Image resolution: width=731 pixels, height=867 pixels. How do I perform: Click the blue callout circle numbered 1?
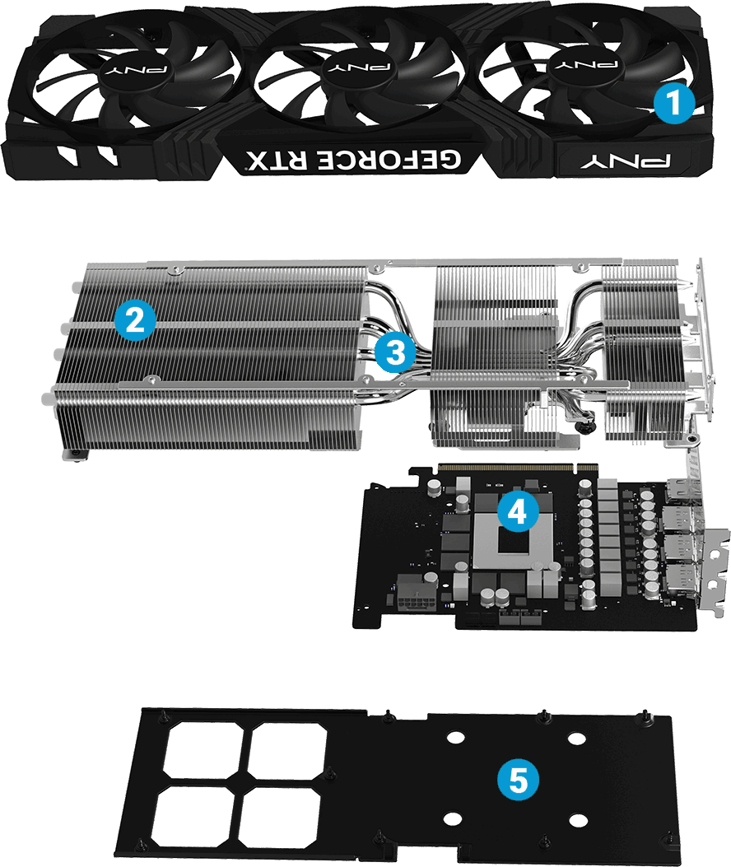(673, 104)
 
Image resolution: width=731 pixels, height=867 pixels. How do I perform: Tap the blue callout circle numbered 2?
(135, 319)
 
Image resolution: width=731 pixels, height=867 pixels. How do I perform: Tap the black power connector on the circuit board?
(413, 594)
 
